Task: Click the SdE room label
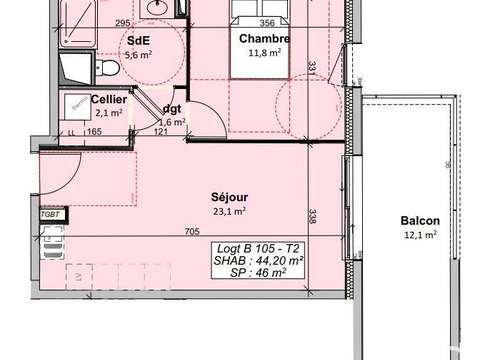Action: pos(137,41)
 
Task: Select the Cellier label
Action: pos(108,100)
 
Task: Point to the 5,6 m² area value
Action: pos(137,55)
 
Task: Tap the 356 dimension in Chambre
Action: pos(266,24)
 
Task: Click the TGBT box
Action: pos(49,214)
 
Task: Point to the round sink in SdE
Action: pos(158,7)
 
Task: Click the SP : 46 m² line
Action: pos(259,271)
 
